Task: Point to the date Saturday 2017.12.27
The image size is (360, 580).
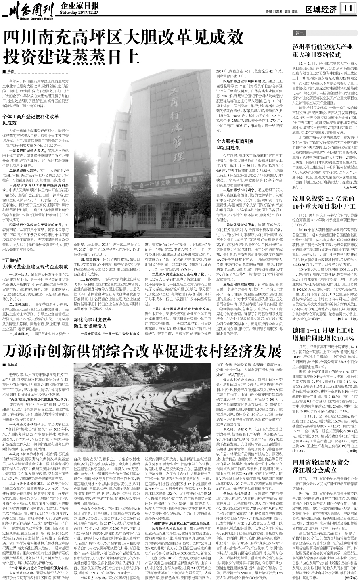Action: coord(77,12)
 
